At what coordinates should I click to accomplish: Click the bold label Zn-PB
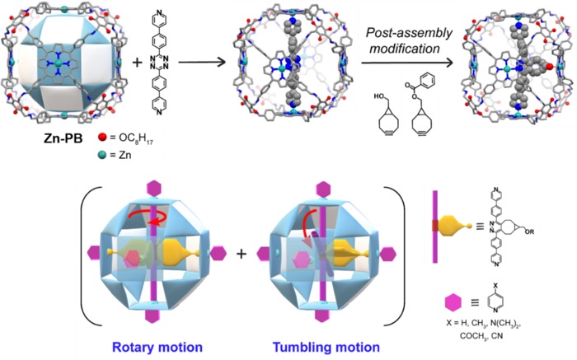tap(63, 138)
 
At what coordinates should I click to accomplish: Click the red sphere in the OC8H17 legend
tap(102, 138)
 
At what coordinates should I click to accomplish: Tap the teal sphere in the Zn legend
tap(102, 155)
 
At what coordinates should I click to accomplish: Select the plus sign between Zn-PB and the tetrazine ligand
tap(138, 62)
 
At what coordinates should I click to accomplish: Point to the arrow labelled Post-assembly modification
tap(407, 63)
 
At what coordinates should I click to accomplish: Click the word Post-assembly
tap(409, 33)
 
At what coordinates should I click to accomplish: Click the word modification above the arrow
tap(405, 48)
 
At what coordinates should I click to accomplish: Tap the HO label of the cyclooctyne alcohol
tap(378, 96)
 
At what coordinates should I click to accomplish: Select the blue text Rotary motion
tap(157, 347)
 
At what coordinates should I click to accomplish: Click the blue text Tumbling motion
tap(326, 347)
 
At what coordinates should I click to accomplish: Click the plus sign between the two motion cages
tap(242, 254)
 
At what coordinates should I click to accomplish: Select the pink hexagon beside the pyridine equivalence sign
tap(453, 302)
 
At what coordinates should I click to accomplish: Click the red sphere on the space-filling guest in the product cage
tap(550, 67)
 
